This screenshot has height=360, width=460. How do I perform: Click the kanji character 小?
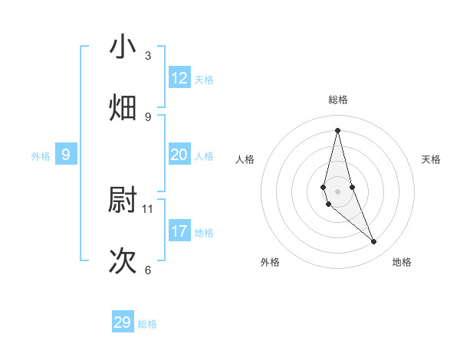pos(123,47)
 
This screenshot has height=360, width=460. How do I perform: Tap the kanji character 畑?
pos(123,107)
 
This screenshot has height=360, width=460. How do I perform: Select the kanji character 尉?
pos(123,200)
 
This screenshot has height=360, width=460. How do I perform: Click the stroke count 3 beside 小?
pos(148,56)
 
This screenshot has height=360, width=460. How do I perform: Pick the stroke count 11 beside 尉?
pos(148,208)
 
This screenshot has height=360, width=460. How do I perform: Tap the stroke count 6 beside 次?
pos(148,270)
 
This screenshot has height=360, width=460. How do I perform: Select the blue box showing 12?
pos(179,77)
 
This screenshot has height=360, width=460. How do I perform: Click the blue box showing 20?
pos(179,155)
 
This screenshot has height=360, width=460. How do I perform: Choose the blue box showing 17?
pos(179,231)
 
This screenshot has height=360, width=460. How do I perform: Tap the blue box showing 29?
pos(123,322)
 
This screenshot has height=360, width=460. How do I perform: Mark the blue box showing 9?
pos(66,155)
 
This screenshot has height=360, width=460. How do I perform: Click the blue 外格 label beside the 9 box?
pos(41,156)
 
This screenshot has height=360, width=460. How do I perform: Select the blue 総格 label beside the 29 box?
pos(147,324)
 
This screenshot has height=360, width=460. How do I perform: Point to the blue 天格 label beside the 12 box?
pos(204,80)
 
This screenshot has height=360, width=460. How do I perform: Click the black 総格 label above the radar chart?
pos(338,100)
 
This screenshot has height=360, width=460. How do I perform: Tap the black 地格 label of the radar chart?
pos(402,262)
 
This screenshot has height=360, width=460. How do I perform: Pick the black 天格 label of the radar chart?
pos(432,159)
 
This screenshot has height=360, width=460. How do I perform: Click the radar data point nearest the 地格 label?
pos(374,242)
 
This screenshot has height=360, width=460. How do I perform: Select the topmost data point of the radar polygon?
pos(337,129)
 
